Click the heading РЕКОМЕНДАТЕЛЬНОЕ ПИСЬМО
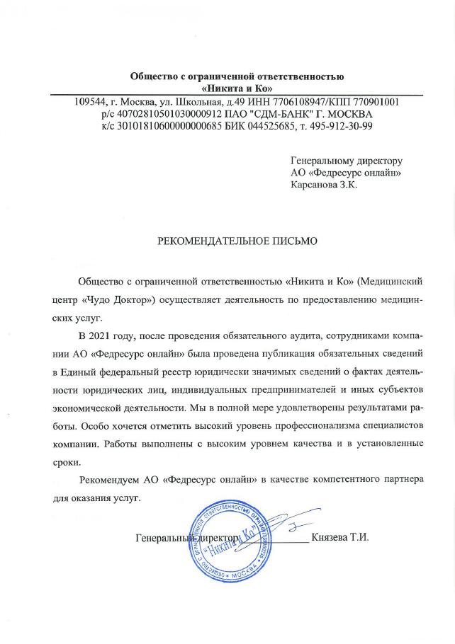click(x=237, y=241)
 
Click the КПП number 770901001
click(x=376, y=102)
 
